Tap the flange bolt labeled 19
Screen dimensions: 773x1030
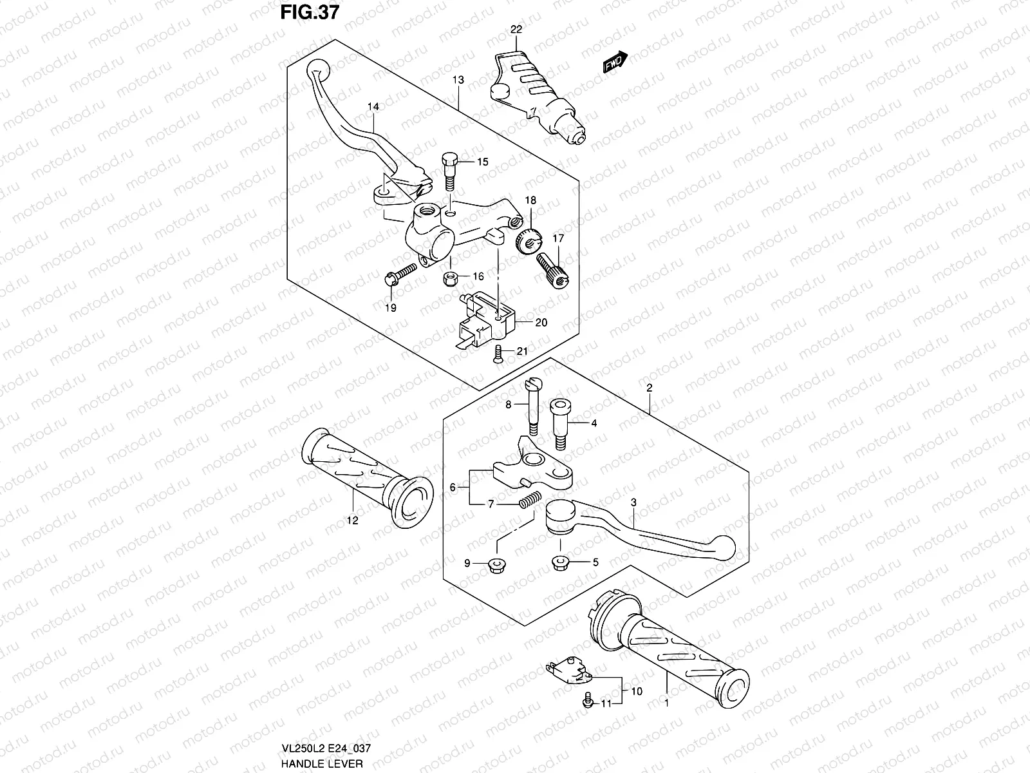399,278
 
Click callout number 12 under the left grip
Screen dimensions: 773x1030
353,520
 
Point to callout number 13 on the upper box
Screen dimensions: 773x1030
458,81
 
